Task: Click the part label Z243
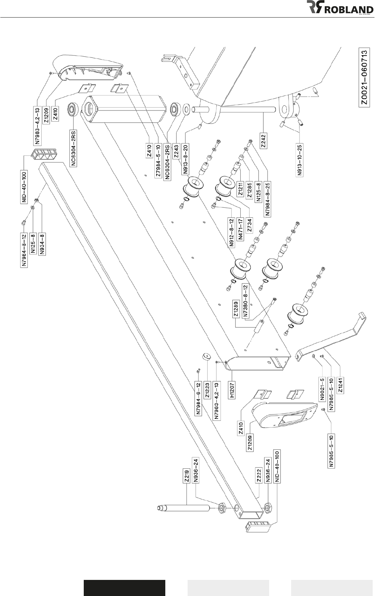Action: [176, 151]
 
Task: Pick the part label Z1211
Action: [241, 190]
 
